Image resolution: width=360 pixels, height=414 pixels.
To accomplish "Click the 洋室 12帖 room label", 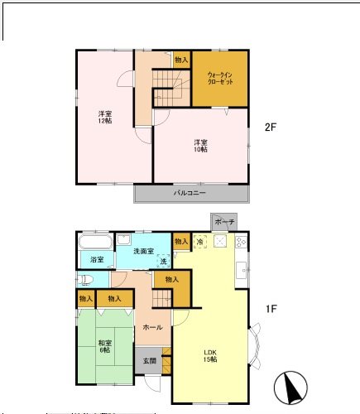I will pyautogui.click(x=104, y=117).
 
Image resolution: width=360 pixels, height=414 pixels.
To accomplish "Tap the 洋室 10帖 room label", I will pyautogui.click(x=200, y=145).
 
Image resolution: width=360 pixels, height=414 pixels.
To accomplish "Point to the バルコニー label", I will pyautogui.click(x=190, y=193).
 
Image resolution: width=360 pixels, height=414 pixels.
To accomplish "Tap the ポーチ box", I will pyautogui.click(x=223, y=223).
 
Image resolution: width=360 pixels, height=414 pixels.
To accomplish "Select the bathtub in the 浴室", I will pyautogui.click(x=96, y=243).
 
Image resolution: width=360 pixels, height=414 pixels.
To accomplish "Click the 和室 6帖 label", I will pyautogui.click(x=104, y=347).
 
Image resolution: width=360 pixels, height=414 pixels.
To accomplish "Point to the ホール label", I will pyautogui.click(x=152, y=327).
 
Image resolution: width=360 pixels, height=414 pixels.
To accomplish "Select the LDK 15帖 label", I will pyautogui.click(x=210, y=356).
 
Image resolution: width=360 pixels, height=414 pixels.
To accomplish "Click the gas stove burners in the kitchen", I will pyautogui.click(x=241, y=242).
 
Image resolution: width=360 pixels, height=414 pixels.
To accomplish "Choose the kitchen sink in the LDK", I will pyautogui.click(x=241, y=270).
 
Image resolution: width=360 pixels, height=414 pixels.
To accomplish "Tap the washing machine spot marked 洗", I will pyautogui.click(x=163, y=261).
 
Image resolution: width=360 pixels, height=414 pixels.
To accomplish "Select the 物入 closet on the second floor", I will pyautogui.click(x=182, y=60).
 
